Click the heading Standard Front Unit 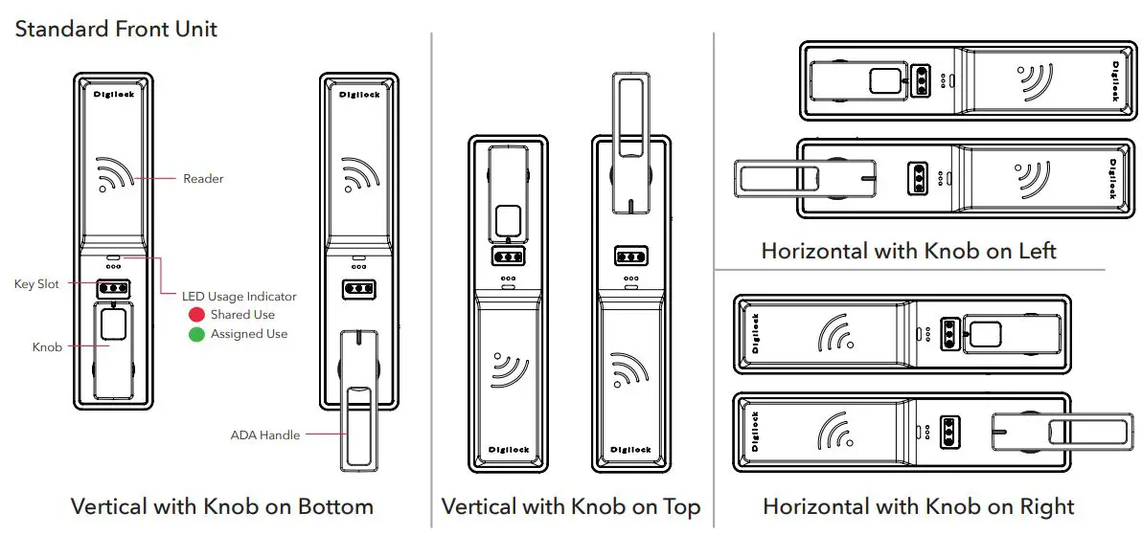point(116,29)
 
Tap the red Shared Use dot point(196,315)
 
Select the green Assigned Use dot point(196,335)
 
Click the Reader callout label point(203,179)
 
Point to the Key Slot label point(36,284)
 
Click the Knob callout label point(47,347)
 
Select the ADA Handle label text point(265,435)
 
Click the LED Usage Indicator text point(240,297)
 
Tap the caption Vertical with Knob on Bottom point(222,506)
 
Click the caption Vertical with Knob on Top point(570,506)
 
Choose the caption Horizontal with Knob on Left point(908,252)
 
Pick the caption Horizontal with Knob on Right point(918,506)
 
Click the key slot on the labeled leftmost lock point(113,288)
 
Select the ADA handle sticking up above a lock point(629,139)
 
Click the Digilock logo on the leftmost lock point(113,94)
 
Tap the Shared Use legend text point(242,315)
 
